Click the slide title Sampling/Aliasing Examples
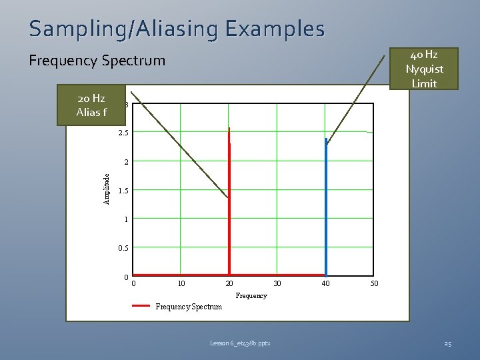pyautogui.click(x=177, y=29)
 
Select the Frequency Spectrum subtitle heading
pyautogui.click(x=97, y=61)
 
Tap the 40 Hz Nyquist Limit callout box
pyautogui.click(x=424, y=69)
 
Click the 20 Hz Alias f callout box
pyautogui.click(x=91, y=105)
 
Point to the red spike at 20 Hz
pyautogui.click(x=229, y=200)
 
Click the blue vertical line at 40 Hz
pyautogui.click(x=325, y=207)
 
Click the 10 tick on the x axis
pyautogui.click(x=181, y=284)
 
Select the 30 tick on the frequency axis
pyautogui.click(x=277, y=284)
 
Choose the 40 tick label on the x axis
pyautogui.click(x=325, y=284)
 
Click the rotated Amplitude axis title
pyautogui.click(x=107, y=189)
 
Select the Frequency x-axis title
pyautogui.click(x=251, y=295)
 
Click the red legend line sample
pyautogui.click(x=141, y=306)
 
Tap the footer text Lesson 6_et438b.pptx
pyautogui.click(x=239, y=343)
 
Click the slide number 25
pyautogui.click(x=447, y=343)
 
